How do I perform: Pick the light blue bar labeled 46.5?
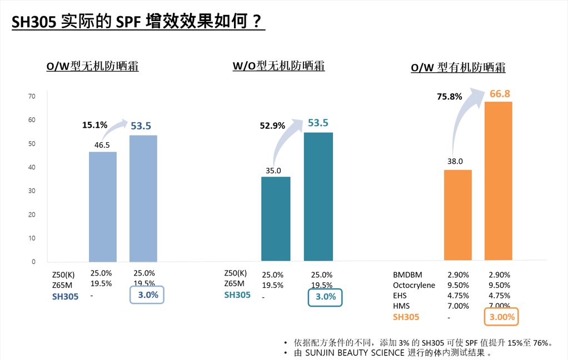pyautogui.click(x=103, y=206)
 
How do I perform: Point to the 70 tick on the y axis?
pyautogui.click(x=32, y=97)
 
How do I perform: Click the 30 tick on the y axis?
pyautogui.click(x=32, y=191)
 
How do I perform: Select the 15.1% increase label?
pyautogui.click(x=94, y=125)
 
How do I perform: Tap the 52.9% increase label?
pyautogui.click(x=272, y=126)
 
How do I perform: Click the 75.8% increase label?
pyautogui.click(x=449, y=96)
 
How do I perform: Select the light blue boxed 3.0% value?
pyautogui.click(x=148, y=295)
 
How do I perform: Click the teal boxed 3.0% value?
pyautogui.click(x=325, y=297)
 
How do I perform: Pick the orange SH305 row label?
pyautogui.click(x=406, y=317)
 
